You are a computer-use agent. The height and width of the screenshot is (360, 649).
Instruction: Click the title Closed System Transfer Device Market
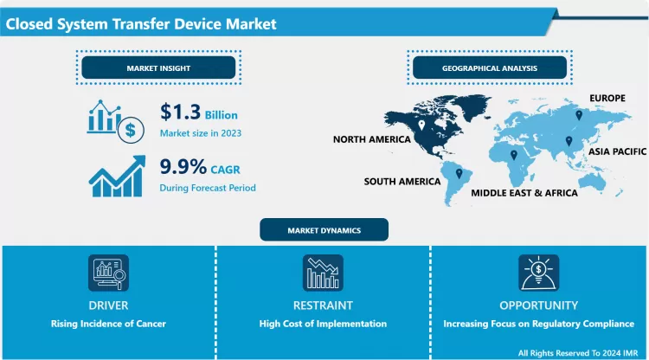141,23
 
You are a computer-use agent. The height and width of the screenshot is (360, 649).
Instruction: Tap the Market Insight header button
158,67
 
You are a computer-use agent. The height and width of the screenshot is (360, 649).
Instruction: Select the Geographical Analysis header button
489,67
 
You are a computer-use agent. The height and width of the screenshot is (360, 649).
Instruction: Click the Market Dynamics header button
324,229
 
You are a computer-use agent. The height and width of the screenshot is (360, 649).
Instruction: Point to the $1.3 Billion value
198,113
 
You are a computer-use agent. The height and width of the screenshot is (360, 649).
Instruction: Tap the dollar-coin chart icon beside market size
113,120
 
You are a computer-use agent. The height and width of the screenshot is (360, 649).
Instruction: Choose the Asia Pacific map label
617,151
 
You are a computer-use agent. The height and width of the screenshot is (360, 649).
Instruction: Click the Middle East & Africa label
524,193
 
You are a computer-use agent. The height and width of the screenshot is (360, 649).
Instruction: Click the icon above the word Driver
109,273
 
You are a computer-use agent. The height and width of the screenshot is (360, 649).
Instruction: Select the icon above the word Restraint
323,273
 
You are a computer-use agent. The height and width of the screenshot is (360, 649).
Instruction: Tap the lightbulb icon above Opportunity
538,273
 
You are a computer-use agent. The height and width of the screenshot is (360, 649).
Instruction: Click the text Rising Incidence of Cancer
109,324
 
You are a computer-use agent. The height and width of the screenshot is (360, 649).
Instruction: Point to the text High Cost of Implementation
323,324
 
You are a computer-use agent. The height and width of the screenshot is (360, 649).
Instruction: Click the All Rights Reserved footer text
580,352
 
